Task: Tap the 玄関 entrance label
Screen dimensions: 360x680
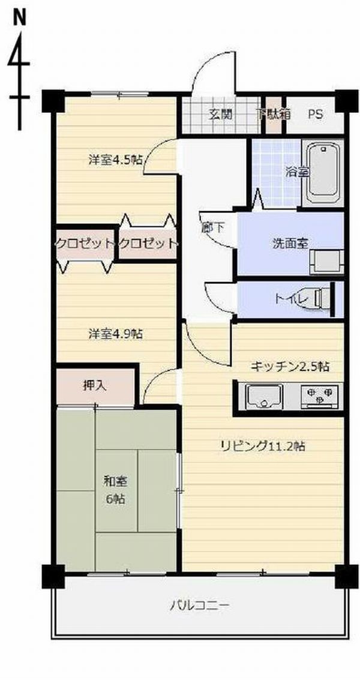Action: (x=220, y=115)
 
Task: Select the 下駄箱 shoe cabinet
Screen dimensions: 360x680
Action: (x=273, y=115)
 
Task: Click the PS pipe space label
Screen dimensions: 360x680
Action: (x=316, y=115)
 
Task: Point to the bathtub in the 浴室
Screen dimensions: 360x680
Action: (x=323, y=173)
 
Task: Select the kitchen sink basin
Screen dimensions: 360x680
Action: (x=264, y=396)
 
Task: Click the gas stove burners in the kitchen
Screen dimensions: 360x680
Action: (x=319, y=396)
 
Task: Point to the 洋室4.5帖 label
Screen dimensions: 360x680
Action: (x=115, y=160)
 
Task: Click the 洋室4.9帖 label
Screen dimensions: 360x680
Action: (x=115, y=334)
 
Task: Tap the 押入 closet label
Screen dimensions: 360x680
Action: (x=94, y=385)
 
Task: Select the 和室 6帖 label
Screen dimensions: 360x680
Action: (x=115, y=490)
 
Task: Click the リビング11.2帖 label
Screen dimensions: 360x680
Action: (x=262, y=446)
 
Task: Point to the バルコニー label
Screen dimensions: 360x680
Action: (x=200, y=604)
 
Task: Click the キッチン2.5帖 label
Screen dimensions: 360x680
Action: (x=290, y=367)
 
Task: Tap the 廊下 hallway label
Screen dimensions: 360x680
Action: (x=212, y=228)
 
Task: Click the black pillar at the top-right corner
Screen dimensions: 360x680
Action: (x=347, y=101)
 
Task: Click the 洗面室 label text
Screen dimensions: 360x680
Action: (x=290, y=243)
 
